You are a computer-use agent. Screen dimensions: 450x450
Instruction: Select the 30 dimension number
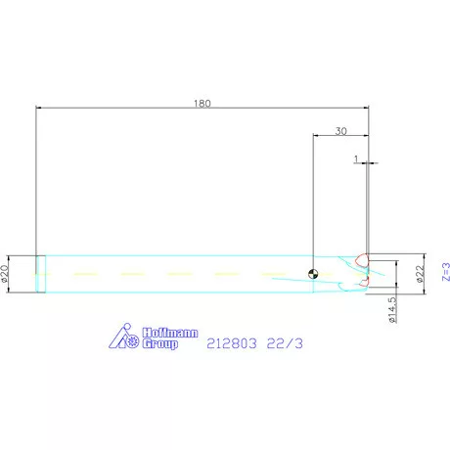[x=340, y=130]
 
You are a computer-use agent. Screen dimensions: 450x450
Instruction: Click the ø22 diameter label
[x=420, y=274]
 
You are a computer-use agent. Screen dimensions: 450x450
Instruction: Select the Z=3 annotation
[x=444, y=270]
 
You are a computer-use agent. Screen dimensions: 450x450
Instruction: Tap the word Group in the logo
[x=159, y=344]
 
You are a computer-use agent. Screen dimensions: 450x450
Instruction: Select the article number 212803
[x=231, y=343]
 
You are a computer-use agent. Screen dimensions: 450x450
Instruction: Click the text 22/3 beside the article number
[x=284, y=343]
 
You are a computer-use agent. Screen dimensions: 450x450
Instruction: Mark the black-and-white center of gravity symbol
[x=312, y=274]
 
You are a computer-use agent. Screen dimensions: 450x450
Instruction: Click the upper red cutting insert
[x=361, y=261]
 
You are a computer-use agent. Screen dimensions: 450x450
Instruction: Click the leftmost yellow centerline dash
[x=84, y=273]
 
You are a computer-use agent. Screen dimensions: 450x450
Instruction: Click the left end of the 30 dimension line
[x=313, y=136]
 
